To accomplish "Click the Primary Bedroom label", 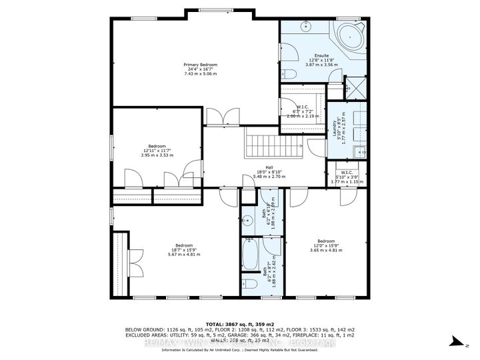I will [x=201, y=68].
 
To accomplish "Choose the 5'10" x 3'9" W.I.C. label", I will [x=345, y=177].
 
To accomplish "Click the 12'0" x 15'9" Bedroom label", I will [x=325, y=245].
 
